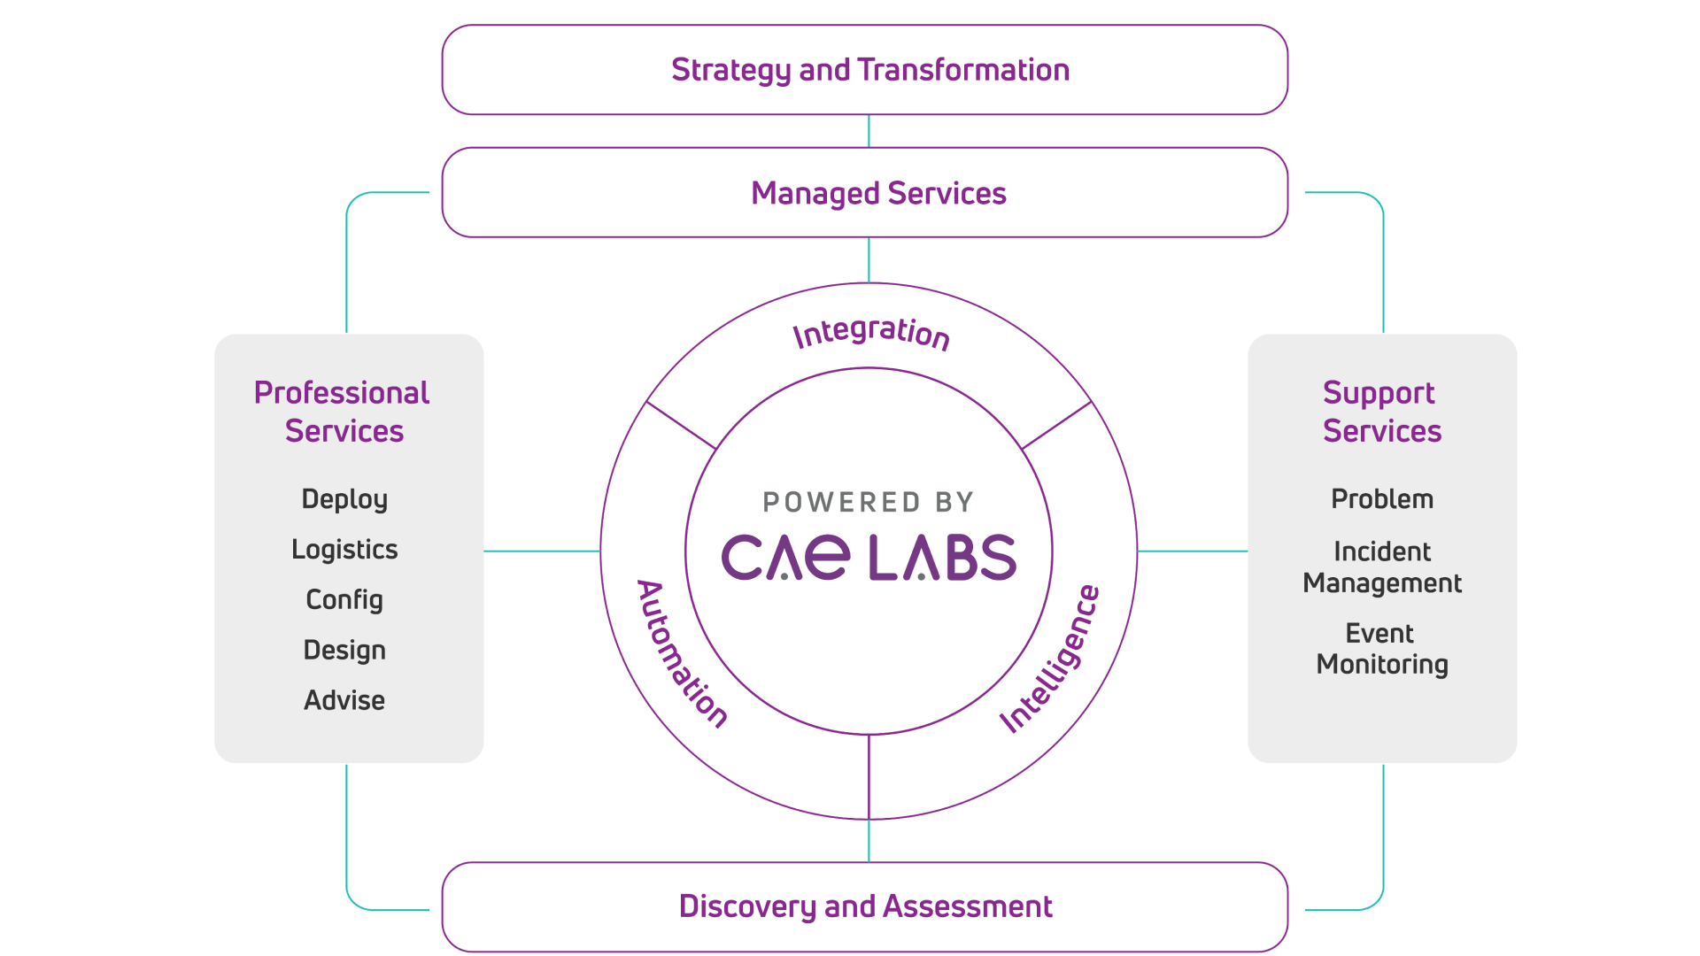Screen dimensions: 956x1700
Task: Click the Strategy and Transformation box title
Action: coord(869,70)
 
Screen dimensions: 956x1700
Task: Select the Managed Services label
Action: coord(878,193)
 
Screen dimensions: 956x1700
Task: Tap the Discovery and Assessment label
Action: coord(865,906)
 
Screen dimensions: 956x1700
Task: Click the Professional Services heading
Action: coord(343,412)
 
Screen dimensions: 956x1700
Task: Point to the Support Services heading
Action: coord(1381,412)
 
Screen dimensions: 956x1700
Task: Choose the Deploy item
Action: coord(344,499)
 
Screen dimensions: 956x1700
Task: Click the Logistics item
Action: coord(344,550)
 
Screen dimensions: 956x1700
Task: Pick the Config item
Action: coord(344,600)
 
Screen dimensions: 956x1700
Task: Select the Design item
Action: coord(344,651)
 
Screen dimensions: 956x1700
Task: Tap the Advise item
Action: coord(344,700)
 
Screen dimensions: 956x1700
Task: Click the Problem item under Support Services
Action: coord(1381,499)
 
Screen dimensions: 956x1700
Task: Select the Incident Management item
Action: coord(1381,567)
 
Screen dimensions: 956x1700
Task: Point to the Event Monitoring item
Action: coord(1381,649)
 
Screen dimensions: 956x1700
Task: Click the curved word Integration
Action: coord(871,333)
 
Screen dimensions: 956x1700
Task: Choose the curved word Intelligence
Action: coord(1052,659)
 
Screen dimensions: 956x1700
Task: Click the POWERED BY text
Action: coord(868,503)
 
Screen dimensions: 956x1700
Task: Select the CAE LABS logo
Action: coord(868,558)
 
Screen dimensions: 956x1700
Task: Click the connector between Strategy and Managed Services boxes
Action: coord(869,131)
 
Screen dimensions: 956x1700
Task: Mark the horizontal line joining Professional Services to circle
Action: coord(542,551)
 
